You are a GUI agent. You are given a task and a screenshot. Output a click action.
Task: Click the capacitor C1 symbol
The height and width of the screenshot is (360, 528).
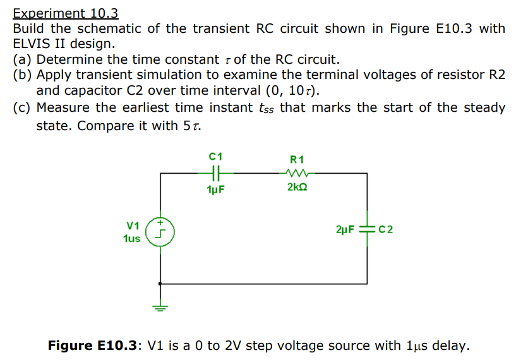click(x=215, y=171)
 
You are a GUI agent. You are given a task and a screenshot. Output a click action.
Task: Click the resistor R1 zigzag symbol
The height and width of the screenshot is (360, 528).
click(x=296, y=172)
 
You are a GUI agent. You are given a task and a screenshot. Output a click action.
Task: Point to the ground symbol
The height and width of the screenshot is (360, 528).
click(x=160, y=308)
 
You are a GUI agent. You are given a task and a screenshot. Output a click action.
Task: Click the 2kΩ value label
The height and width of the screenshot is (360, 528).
click(x=297, y=188)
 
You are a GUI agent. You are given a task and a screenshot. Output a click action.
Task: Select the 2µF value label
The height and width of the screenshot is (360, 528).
click(x=345, y=229)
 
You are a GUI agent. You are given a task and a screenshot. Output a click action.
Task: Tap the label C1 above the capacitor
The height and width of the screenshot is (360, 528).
click(x=215, y=155)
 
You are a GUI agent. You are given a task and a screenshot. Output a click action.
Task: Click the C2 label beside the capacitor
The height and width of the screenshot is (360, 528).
click(x=386, y=229)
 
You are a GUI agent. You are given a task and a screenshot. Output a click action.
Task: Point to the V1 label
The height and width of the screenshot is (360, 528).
click(x=132, y=225)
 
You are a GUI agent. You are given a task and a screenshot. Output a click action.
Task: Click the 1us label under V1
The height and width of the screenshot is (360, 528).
click(x=132, y=238)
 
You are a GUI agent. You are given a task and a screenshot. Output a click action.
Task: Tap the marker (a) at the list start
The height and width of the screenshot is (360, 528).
click(x=23, y=60)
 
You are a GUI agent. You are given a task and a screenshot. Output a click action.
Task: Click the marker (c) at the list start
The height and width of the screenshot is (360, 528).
click(x=23, y=107)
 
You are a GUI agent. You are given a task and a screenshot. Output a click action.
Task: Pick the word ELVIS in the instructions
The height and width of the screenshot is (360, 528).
click(x=32, y=44)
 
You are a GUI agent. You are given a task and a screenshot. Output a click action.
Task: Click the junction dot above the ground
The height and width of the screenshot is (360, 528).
click(x=160, y=284)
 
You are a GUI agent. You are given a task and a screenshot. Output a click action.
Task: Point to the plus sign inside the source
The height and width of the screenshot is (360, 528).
click(x=160, y=222)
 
